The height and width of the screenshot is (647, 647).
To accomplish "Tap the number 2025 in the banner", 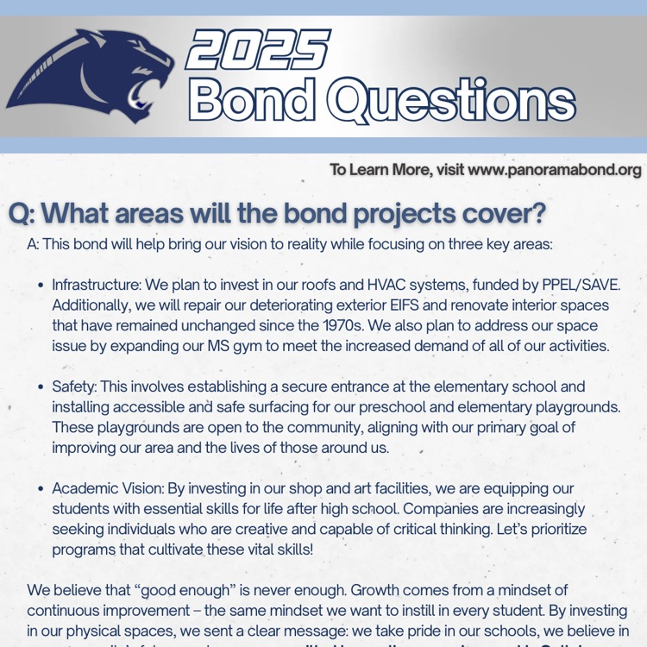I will [258, 51].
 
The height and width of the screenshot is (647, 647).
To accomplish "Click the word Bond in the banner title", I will [251, 100].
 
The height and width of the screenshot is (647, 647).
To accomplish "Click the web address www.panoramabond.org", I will [554, 170].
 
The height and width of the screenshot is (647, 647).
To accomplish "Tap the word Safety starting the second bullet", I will [72, 386].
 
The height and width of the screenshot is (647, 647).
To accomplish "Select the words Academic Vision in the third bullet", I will [107, 488].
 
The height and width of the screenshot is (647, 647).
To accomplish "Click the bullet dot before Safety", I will [41, 387].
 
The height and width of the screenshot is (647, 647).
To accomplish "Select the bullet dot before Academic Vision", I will [41, 489].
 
